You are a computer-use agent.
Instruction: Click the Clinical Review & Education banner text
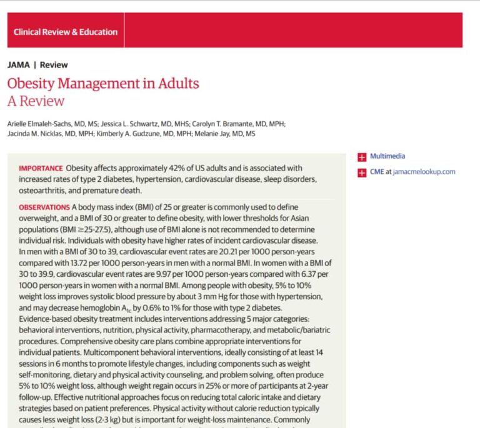[65, 32]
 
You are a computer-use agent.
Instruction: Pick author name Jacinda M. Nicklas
[37, 133]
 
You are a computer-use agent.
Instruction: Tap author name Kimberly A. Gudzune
[129, 133]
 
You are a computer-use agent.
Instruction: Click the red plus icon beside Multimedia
[361, 157]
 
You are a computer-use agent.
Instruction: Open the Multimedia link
[387, 157]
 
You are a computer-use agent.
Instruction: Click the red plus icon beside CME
[361, 172]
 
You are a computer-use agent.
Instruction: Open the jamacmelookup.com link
[424, 172]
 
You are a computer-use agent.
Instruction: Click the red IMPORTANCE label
[41, 168]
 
